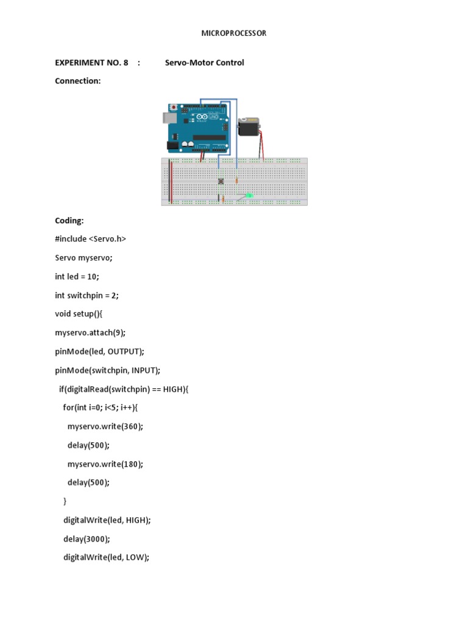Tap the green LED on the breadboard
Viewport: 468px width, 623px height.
point(249,195)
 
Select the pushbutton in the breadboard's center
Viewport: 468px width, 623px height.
point(221,181)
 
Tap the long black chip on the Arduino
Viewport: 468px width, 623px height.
point(210,144)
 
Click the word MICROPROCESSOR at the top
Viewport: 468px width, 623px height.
point(234,33)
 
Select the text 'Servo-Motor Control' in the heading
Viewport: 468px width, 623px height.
point(204,63)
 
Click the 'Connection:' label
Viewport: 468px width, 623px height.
point(77,81)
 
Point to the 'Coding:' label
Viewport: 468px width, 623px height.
point(69,221)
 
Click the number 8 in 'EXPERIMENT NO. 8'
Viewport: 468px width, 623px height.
point(126,63)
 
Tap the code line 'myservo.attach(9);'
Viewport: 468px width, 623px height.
point(90,333)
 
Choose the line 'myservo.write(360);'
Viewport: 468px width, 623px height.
point(105,426)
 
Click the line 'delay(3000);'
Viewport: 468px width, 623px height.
point(87,538)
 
